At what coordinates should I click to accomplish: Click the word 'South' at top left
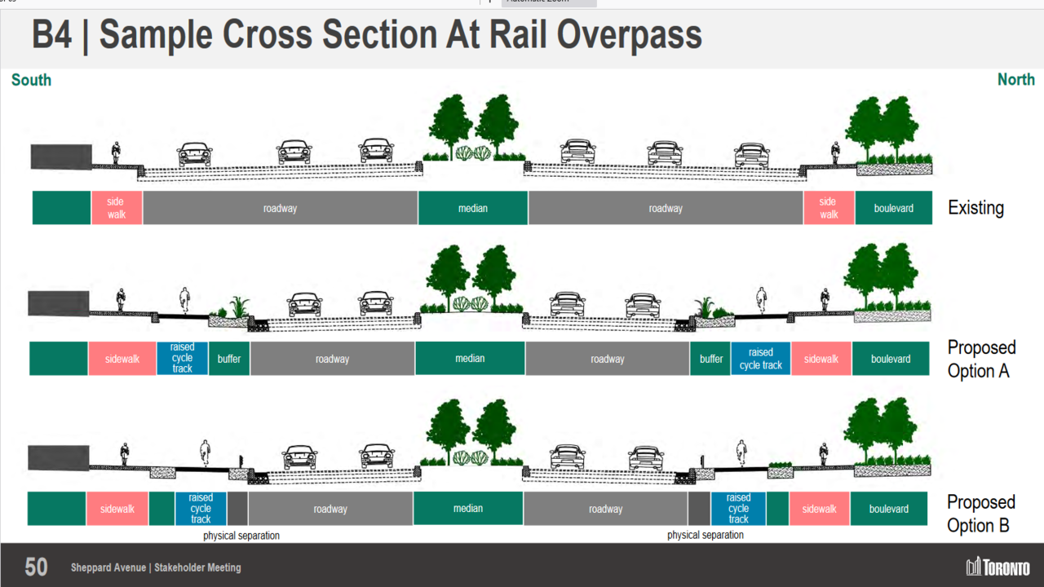point(31,80)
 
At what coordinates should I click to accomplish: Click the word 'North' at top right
point(1015,80)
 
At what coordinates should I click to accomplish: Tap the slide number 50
point(36,567)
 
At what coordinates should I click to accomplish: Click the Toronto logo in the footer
point(998,567)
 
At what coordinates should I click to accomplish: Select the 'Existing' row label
point(975,208)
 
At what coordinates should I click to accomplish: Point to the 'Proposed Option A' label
point(981,359)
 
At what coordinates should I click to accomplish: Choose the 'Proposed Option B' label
point(981,513)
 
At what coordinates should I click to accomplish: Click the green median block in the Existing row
point(473,208)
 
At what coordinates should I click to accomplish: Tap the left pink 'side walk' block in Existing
point(117,208)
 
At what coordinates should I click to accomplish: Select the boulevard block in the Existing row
point(893,208)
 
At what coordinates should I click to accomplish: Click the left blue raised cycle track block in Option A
point(182,358)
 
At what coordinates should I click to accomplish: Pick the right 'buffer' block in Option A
point(711,359)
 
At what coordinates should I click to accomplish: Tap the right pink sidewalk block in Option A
point(821,359)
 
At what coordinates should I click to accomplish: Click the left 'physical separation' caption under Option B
point(241,536)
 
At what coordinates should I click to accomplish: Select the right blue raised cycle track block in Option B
point(738,509)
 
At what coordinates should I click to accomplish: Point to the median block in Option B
point(468,509)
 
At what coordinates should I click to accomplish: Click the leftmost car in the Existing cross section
point(195,153)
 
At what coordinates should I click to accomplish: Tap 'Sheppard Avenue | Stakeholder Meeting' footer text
point(156,567)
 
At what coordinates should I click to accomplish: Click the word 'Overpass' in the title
point(629,35)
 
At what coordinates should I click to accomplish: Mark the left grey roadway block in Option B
point(330,509)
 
